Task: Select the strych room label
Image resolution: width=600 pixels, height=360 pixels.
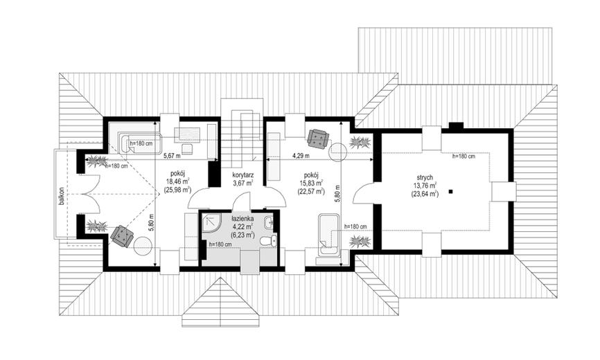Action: [425, 177]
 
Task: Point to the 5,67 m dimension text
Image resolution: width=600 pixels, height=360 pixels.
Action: [173, 156]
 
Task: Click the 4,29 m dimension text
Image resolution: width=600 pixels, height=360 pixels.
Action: [301, 156]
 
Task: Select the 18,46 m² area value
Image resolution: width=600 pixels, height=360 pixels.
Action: [178, 182]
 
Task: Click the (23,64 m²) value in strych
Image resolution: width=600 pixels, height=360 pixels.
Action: [425, 194]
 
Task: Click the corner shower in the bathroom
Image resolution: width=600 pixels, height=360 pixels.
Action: [211, 222]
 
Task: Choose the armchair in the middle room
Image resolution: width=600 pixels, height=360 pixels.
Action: [317, 138]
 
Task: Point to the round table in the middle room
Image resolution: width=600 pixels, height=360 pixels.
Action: [339, 152]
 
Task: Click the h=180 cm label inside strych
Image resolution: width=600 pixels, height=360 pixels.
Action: [464, 156]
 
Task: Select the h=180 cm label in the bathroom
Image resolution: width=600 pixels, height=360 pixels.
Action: [220, 244]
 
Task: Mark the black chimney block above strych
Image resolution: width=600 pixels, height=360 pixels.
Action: [456, 125]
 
